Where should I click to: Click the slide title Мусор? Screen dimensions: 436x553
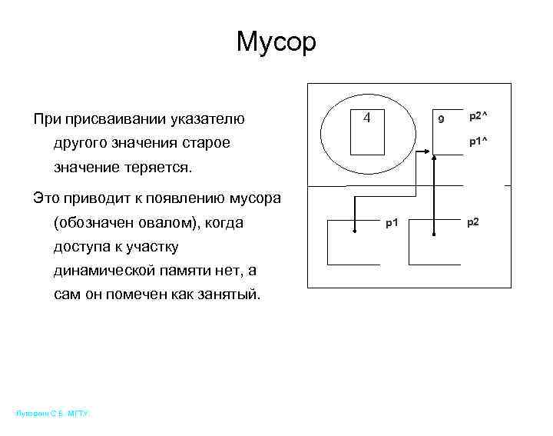point(276,42)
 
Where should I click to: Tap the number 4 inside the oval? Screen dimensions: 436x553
point(367,118)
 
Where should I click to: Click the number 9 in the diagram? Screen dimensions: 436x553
point(441,120)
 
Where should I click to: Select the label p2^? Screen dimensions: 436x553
point(478,115)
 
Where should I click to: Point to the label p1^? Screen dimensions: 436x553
point(478,142)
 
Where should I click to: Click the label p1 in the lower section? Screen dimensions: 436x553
point(392,223)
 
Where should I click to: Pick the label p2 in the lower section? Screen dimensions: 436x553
point(472,222)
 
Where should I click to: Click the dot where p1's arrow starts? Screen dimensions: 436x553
point(354,231)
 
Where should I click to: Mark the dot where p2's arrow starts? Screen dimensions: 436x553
point(434,232)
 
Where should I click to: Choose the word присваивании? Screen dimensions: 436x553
point(111,119)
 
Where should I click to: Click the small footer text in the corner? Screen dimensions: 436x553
point(52,414)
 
